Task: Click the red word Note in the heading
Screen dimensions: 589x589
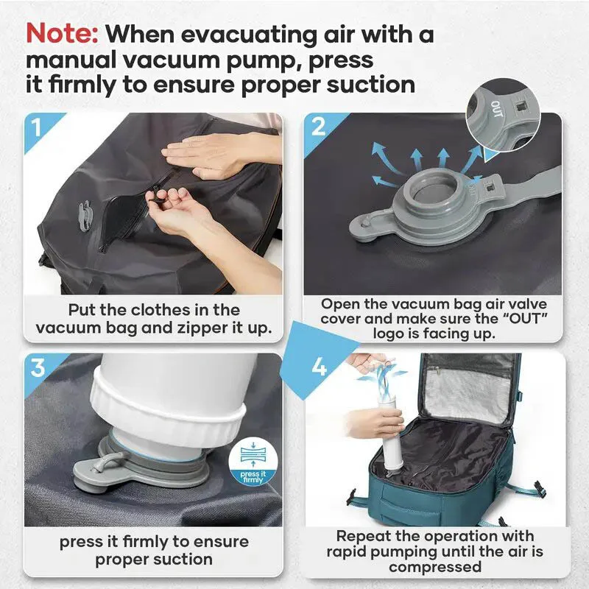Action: point(62,34)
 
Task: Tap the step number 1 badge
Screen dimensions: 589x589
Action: point(37,127)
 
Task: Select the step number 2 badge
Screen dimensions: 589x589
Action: point(319,127)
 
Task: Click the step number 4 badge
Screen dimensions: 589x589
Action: point(319,367)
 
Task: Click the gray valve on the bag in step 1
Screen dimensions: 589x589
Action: point(85,214)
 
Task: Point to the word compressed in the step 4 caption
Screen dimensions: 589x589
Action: point(435,567)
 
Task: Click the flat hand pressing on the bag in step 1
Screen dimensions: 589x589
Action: point(218,153)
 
